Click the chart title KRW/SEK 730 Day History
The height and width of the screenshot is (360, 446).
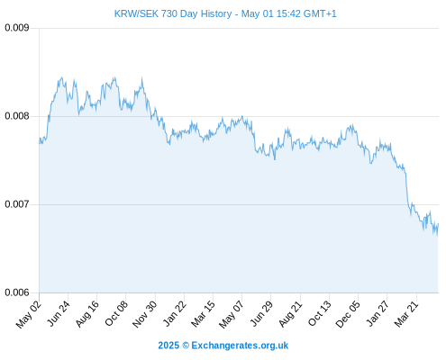pos(173,13)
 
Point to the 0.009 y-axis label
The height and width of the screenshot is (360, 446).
pos(17,28)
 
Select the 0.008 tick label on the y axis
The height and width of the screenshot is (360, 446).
pos(17,116)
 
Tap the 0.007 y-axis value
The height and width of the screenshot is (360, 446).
pos(17,204)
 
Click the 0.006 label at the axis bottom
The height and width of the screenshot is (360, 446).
pos(17,292)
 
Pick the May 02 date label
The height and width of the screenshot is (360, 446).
pos(29,314)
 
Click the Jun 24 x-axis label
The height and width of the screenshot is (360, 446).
pos(59,313)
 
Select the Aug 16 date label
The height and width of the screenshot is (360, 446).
pos(86,314)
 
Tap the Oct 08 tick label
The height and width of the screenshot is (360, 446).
pos(116,313)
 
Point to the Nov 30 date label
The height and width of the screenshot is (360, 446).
pos(144,314)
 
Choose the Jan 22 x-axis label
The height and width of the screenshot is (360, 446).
pos(174,313)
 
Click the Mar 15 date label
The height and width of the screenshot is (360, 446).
pos(203,313)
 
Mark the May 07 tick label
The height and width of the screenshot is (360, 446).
pos(231,314)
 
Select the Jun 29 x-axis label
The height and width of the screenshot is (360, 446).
pos(261,313)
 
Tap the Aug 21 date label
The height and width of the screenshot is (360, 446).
pos(290,313)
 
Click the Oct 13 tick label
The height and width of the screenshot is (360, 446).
pos(319,313)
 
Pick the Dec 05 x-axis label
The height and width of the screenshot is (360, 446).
pos(347,314)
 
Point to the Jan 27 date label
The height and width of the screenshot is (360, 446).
pos(378,313)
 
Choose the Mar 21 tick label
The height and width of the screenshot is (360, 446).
pos(406,313)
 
